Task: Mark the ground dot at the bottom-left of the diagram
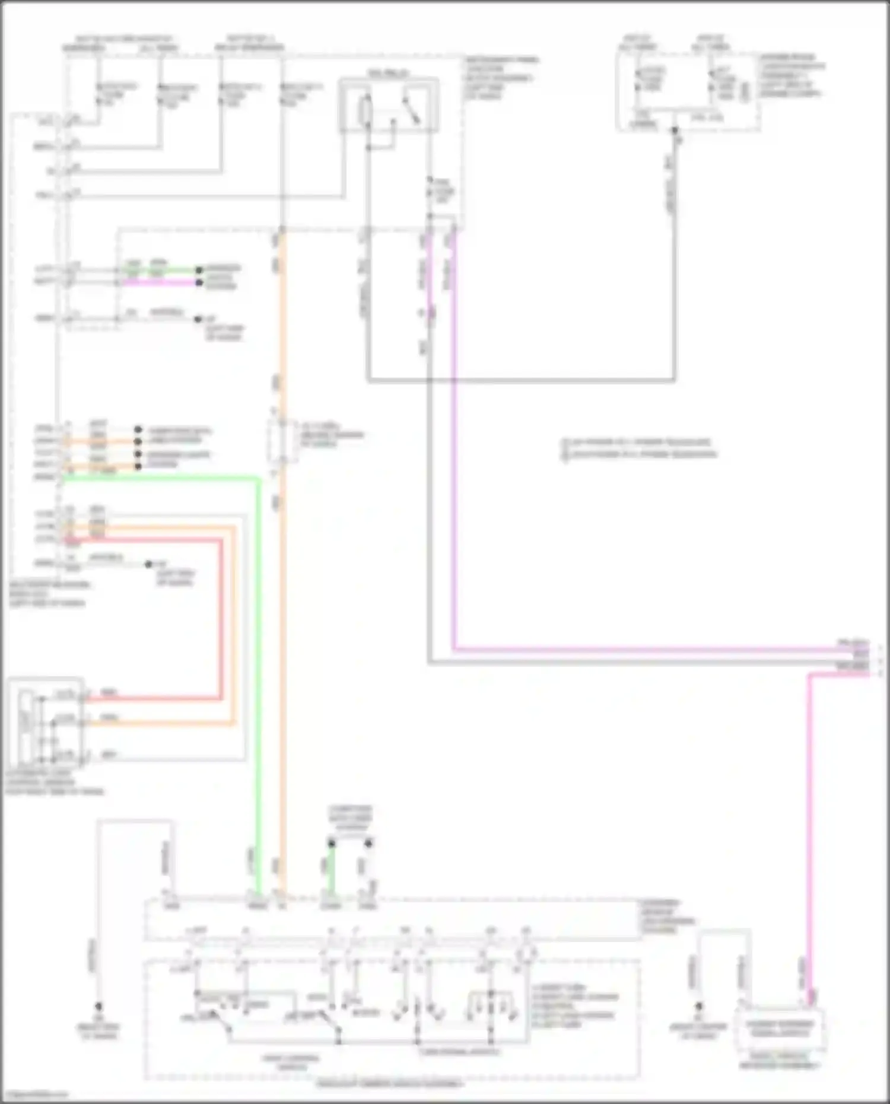(x=98, y=1007)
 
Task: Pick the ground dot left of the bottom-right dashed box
(x=699, y=1007)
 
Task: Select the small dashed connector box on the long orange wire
(x=282, y=441)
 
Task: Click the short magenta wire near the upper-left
(x=160, y=282)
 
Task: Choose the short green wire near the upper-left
(x=160, y=270)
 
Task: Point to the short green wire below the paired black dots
(x=332, y=872)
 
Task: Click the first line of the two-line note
(x=638, y=442)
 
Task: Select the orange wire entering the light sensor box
(x=160, y=723)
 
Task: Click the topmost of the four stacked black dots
(x=138, y=429)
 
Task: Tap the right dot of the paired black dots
(x=368, y=843)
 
